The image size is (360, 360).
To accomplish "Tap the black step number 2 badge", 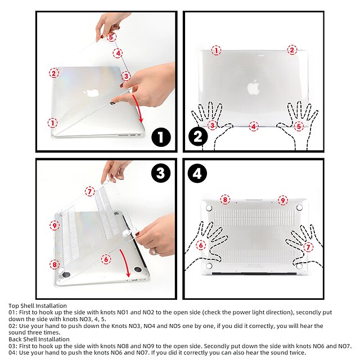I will pyautogui.click(x=197, y=137).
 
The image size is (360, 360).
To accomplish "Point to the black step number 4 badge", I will pyautogui.click(x=197, y=174).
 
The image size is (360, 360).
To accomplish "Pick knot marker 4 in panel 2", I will pyautogui.click(x=254, y=127).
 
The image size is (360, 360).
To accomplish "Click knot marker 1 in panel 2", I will pyautogui.click(x=216, y=50).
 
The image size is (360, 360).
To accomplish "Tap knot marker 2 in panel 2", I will pyautogui.click(x=292, y=50).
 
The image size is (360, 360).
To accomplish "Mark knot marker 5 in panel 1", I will pyautogui.click(x=111, y=37).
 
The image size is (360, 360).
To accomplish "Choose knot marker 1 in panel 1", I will pyautogui.click(x=52, y=123).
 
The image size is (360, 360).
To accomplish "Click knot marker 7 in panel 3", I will pyautogui.click(x=89, y=191).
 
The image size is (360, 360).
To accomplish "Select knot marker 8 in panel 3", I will pyautogui.click(x=54, y=264).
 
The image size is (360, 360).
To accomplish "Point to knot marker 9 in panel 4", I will pyautogui.click(x=282, y=200).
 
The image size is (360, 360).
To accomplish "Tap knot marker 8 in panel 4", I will pyautogui.click(x=225, y=199).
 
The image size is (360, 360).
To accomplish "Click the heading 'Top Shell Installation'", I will pyautogui.click(x=38, y=306).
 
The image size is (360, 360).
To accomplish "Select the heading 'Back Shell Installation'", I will pyautogui.click(x=39, y=339).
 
